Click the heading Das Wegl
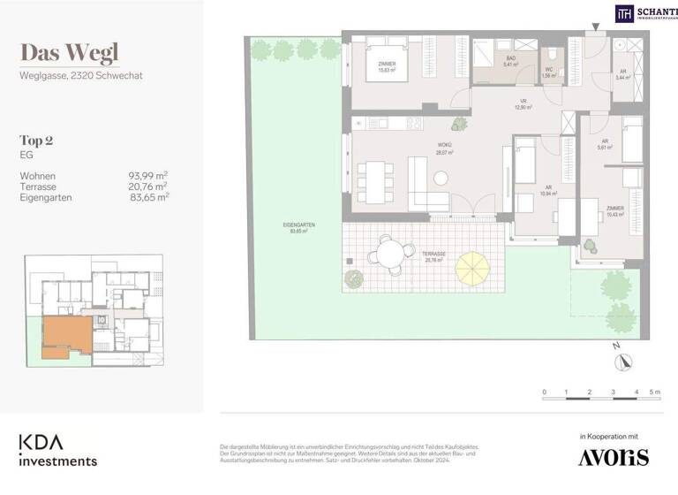(69, 53)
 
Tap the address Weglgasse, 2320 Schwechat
(81, 76)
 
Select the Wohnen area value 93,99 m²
(148, 176)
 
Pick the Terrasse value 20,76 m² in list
(148, 187)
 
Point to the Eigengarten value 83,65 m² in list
(148, 198)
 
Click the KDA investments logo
(58, 450)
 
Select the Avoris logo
(613, 456)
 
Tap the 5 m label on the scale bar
(655, 392)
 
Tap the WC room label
(549, 72)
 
